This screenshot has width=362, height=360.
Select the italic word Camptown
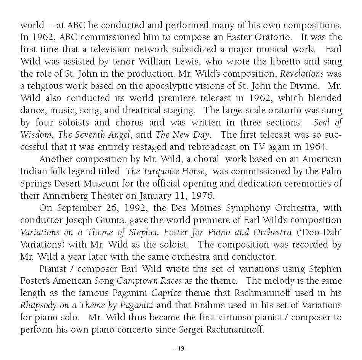tap(135, 281)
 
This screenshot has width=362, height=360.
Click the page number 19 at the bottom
tap(181, 349)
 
